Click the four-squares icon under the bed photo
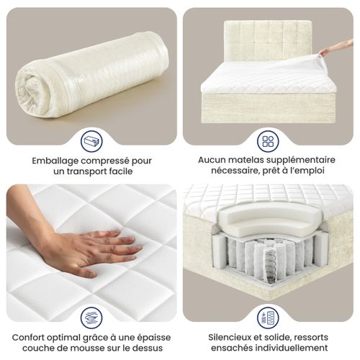(x=268, y=140)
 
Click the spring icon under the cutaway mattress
(x=268, y=318)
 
